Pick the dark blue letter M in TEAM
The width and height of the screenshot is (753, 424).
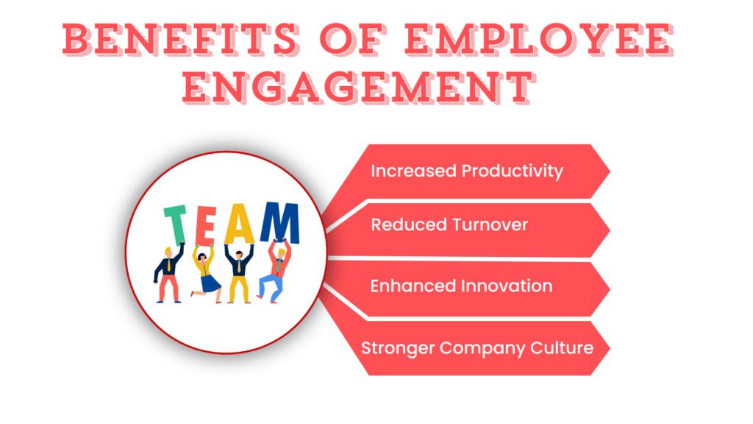pyautogui.click(x=279, y=224)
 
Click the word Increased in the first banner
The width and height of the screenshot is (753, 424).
pyautogui.click(x=413, y=171)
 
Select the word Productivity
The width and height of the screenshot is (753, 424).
pyautogui.click(x=513, y=172)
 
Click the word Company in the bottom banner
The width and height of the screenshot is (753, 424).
pyautogui.click(x=485, y=347)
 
